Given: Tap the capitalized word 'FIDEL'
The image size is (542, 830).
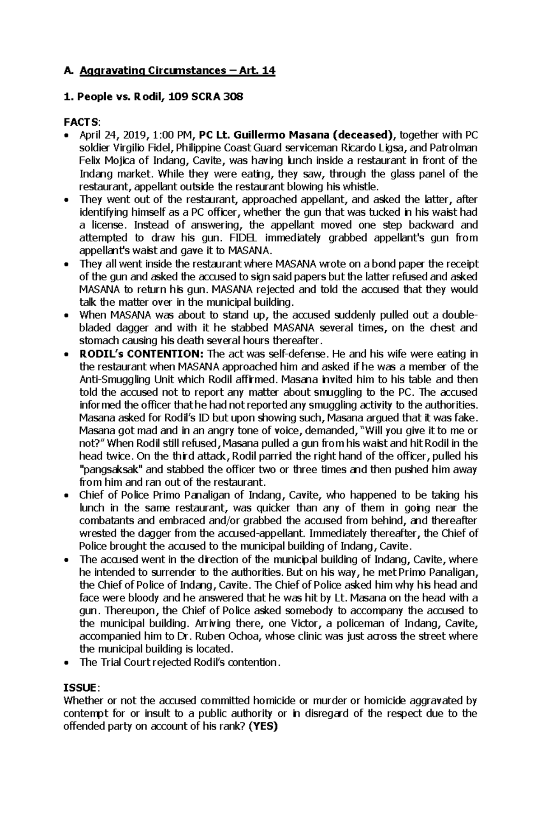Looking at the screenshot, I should coord(241,238).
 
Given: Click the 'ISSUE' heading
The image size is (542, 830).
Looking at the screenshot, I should coord(79,688).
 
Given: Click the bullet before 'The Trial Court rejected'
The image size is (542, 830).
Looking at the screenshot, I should coord(67,663).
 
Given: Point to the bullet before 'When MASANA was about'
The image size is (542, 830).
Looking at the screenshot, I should coord(67,316).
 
